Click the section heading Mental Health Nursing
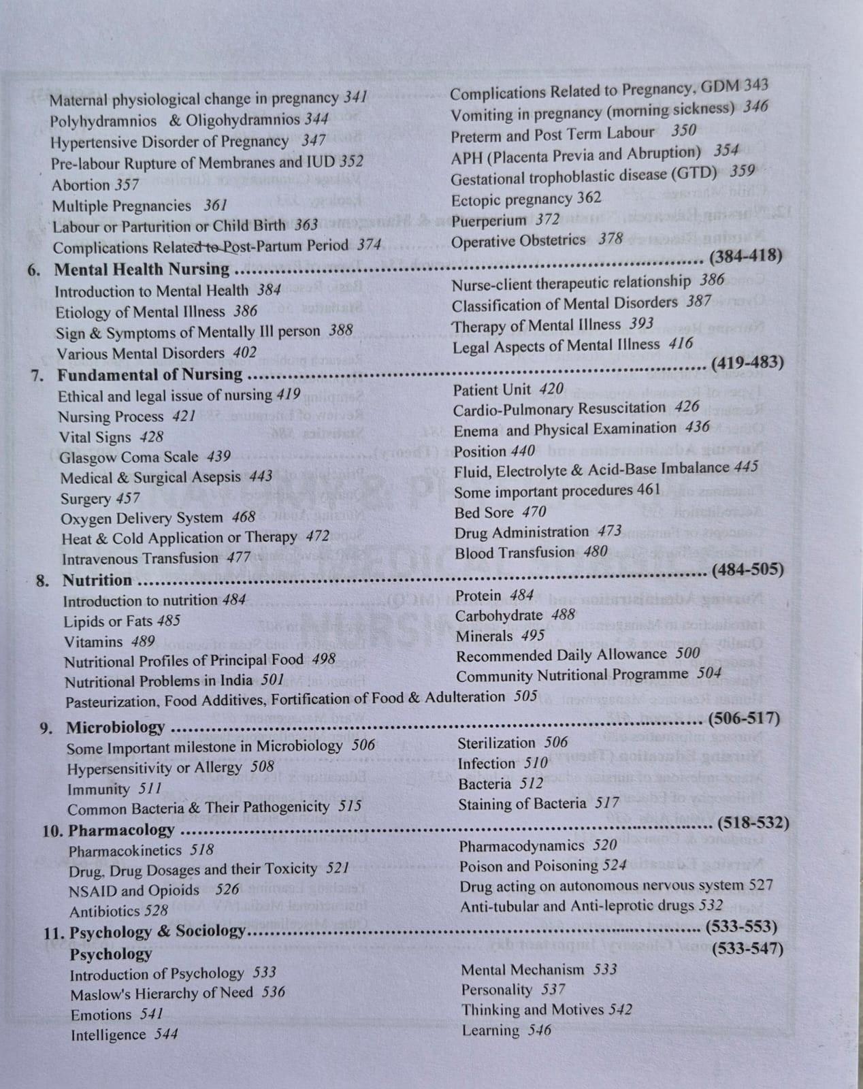pos(142,270)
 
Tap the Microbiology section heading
pos(115,728)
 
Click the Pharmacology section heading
pos(122,830)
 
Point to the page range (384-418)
pos(745,256)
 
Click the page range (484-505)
pos(747,569)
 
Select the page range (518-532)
pos(753,823)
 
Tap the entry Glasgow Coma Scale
pos(129,457)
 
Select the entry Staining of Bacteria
pos(522,804)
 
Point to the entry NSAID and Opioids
pos(134,891)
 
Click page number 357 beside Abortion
pos(127,184)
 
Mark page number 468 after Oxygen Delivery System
pos(243,518)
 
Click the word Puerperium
pos(489,221)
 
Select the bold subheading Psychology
pos(110,954)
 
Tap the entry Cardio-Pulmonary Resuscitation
pos(559,408)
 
